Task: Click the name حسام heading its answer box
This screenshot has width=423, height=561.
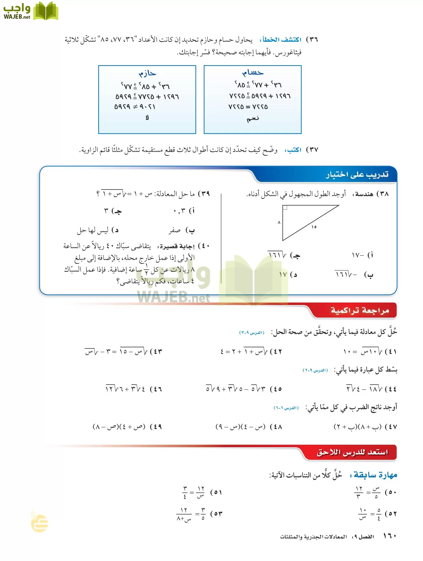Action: [253, 73]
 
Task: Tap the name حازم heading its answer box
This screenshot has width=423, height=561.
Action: [147, 74]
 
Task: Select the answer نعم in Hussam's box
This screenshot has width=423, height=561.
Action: [253, 118]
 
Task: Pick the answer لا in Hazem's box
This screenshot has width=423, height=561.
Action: [147, 117]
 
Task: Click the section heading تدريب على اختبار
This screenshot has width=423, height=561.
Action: [357, 175]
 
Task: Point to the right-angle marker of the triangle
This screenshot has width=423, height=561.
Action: [285, 207]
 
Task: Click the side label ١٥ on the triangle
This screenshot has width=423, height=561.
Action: [314, 227]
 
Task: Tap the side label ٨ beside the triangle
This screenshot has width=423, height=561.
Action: [279, 223]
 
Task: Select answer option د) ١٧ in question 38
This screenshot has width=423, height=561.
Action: [288, 275]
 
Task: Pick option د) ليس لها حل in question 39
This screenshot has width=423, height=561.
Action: [97, 230]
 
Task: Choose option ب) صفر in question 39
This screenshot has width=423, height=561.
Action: [182, 230]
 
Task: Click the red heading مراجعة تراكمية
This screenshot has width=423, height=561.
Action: [360, 310]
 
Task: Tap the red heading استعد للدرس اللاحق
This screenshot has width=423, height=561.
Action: [352, 452]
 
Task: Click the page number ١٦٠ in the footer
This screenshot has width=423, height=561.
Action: [389, 536]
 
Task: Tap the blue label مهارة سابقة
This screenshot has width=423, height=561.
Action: [375, 475]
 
